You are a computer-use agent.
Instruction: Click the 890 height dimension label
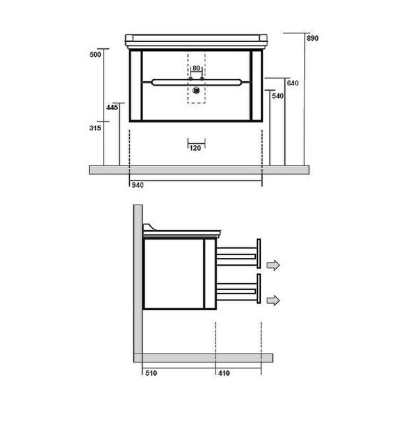[x=312, y=38]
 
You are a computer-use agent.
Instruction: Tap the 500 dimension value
[x=95, y=55]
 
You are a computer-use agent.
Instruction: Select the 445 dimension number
[x=112, y=108]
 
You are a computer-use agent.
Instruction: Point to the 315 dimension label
[x=95, y=128]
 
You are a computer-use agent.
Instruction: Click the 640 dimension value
[x=293, y=83]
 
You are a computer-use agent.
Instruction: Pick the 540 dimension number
[x=277, y=96]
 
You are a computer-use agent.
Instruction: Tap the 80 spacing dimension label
[x=196, y=68]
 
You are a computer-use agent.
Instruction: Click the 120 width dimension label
[x=195, y=148]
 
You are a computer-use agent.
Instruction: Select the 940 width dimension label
[x=137, y=185]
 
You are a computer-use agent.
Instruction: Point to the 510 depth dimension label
[x=151, y=373]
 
